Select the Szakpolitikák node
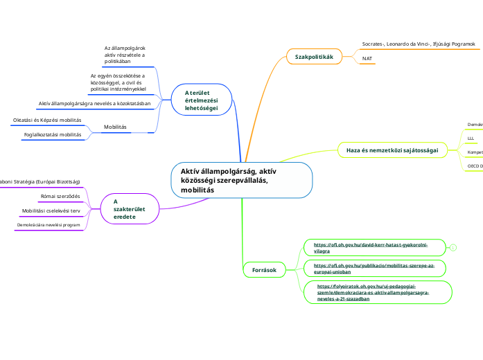point(314,56)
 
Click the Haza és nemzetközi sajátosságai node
point(392,150)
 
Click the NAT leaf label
point(368,59)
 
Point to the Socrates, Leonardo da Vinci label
point(419,44)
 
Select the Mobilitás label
point(115,127)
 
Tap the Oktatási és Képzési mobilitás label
point(47,120)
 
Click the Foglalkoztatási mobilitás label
point(53,134)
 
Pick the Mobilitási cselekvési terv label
point(51,210)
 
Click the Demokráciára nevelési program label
point(49,225)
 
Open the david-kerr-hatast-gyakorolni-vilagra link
point(371,248)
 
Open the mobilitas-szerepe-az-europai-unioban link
point(374,268)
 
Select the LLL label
point(471,138)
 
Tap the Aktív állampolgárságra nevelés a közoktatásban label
point(95,103)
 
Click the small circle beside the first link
point(453,248)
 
